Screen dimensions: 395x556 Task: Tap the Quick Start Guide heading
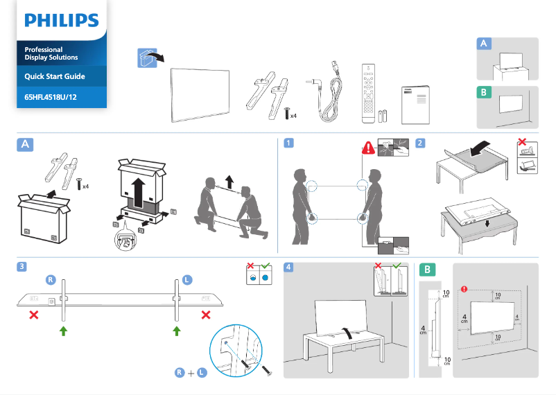click(x=55, y=76)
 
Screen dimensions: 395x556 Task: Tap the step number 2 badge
click(x=420, y=143)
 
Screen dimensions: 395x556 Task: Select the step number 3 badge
click(x=24, y=267)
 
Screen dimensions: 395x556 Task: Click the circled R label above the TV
click(x=51, y=279)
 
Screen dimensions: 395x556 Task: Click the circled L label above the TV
click(x=187, y=279)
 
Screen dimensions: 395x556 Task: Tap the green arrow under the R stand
click(x=64, y=331)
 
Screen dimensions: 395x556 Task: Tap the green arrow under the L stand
click(x=176, y=331)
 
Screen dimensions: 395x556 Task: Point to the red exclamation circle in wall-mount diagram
click(x=464, y=289)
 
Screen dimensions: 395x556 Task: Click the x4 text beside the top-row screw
click(x=294, y=116)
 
